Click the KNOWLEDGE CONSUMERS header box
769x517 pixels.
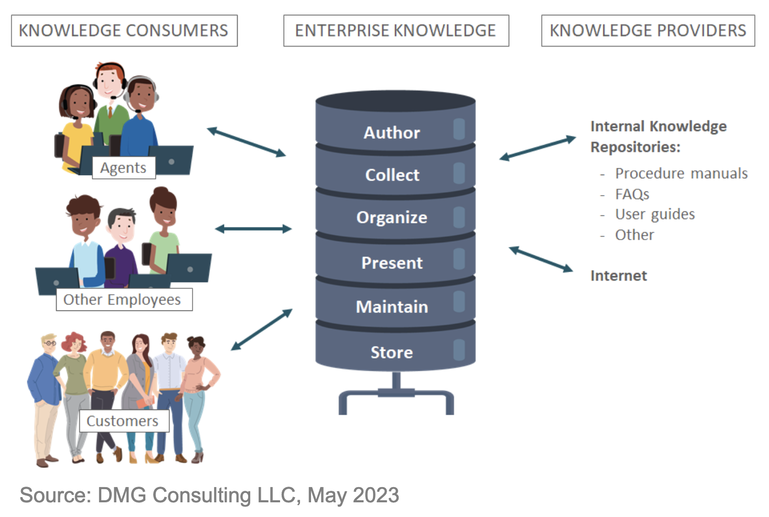point(124,30)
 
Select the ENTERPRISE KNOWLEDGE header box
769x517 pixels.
point(396,30)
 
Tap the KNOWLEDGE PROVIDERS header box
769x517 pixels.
point(648,30)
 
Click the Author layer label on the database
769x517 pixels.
point(392,133)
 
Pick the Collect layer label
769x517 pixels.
point(392,175)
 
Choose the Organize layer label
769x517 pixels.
point(392,218)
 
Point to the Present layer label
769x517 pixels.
point(392,263)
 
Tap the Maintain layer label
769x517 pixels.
point(392,307)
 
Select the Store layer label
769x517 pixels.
point(392,352)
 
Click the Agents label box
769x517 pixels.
point(123,168)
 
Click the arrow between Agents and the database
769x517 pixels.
point(246,142)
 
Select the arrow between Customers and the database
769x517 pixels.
point(261,329)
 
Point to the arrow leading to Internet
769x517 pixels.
point(541,260)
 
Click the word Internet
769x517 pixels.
point(618,276)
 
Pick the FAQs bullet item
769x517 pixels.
point(632,195)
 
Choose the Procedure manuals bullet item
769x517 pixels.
point(681,174)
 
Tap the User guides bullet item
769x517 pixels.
point(655,214)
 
